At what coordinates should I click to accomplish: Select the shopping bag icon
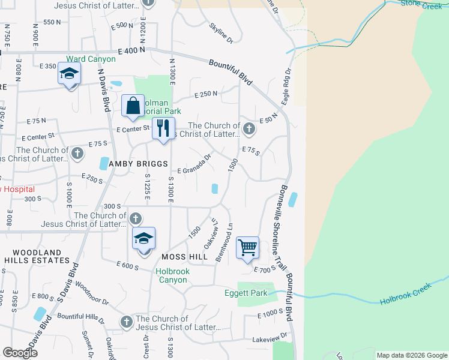[133, 106]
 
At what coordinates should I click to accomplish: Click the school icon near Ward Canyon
[69, 75]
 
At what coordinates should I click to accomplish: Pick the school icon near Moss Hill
[143, 239]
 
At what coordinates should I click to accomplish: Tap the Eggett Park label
[246, 293]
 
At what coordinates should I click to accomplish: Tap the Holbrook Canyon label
[172, 275]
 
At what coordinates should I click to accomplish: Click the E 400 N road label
[132, 51]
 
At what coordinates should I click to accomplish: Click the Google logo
[20, 352]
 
